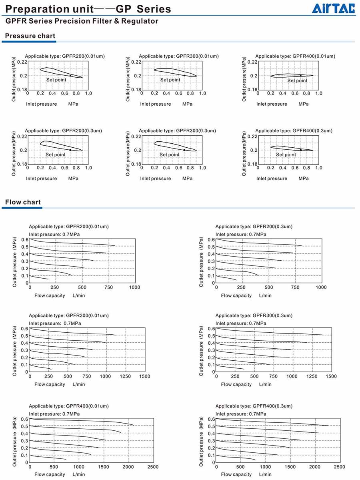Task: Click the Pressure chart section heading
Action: point(30,36)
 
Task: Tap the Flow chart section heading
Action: point(23,202)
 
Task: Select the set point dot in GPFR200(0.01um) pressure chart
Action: point(70,76)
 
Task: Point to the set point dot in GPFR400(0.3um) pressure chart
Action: point(301,150)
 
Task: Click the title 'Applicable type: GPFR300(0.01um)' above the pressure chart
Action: point(179,56)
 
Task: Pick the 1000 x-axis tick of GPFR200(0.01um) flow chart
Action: point(135,287)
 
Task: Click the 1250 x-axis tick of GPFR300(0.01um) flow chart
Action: point(125,376)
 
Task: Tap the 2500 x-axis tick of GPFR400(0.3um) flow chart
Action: point(339,467)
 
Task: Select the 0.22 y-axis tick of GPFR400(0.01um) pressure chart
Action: point(252,62)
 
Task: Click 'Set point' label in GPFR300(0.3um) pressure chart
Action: point(170,155)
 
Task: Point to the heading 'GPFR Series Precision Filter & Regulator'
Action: point(82,21)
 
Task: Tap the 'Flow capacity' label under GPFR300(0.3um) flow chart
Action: point(236,384)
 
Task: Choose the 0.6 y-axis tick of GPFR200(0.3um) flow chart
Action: point(211,239)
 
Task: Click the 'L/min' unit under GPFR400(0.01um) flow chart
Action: point(79,474)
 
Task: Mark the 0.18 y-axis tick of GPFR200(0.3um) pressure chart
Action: point(22,164)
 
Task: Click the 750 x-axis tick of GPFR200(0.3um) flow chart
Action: point(295,287)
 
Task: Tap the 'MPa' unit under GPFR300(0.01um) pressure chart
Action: point(187,104)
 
